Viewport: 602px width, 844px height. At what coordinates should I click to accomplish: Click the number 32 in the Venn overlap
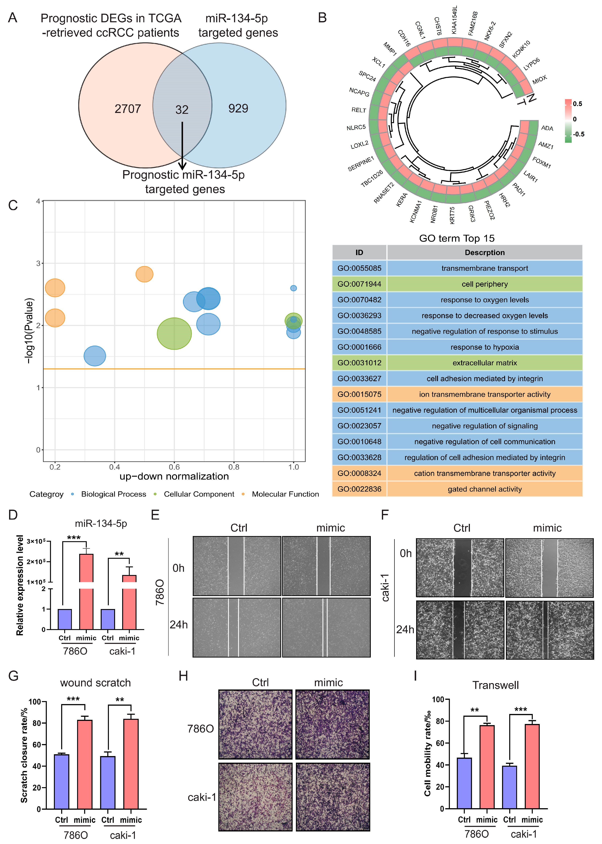(182, 110)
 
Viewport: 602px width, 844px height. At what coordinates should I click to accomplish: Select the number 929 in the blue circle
(238, 108)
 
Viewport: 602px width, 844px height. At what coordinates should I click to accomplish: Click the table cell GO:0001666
(359, 347)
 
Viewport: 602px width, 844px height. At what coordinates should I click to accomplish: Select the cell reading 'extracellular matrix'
(485, 363)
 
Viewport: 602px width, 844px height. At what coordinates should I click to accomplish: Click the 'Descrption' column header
(485, 253)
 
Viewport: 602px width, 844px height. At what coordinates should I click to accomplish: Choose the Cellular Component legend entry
(199, 494)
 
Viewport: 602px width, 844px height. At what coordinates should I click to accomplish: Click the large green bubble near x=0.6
(174, 333)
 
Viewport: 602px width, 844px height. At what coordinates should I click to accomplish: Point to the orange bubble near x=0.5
(144, 274)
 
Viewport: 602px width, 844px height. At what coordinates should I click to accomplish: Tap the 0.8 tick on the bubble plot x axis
(234, 467)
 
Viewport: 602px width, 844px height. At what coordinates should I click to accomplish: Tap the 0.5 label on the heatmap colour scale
(577, 104)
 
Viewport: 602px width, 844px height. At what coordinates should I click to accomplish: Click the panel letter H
(183, 676)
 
